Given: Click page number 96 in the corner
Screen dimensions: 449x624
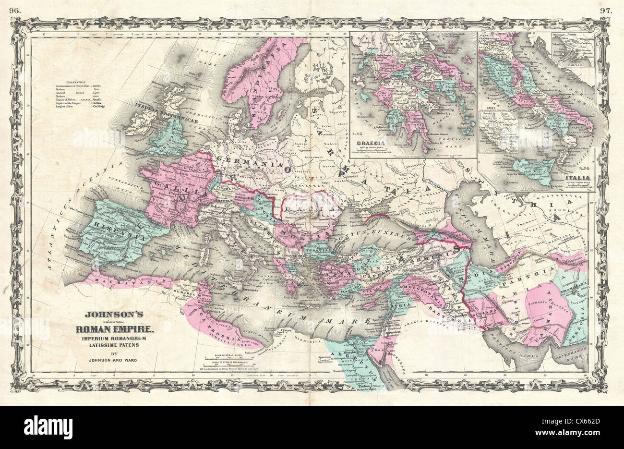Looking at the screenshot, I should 19,9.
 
